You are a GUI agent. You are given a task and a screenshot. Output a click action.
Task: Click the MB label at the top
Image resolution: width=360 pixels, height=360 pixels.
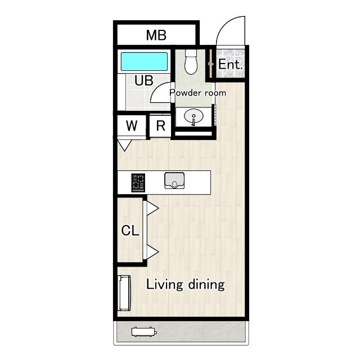(x=156, y=35)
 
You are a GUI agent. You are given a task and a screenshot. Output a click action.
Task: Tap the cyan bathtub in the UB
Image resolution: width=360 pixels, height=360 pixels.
(x=144, y=61)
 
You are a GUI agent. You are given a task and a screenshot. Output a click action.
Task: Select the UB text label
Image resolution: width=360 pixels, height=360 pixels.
(x=144, y=80)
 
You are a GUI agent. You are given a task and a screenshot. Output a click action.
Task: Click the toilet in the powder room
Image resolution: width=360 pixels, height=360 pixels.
(x=191, y=61)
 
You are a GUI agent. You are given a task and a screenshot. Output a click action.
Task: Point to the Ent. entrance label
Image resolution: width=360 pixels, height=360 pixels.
(x=230, y=65)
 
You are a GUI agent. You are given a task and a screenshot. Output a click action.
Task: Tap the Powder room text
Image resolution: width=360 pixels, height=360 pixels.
(x=197, y=93)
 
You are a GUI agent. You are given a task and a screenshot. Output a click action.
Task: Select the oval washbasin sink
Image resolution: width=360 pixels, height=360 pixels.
(x=193, y=116)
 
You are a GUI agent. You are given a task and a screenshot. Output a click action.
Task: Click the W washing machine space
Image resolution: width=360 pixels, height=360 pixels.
(x=132, y=125)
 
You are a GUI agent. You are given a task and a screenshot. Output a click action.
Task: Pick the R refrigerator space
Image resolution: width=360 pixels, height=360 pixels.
(x=160, y=126)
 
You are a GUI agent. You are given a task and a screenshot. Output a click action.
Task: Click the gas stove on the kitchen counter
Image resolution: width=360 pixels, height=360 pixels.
(x=138, y=182)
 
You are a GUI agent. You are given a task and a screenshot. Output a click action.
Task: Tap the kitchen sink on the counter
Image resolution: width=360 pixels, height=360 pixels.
(x=174, y=181)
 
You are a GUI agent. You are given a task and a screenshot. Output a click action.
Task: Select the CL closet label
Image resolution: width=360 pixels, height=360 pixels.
(x=130, y=230)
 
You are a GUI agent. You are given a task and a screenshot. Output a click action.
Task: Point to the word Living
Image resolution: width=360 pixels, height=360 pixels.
(x=165, y=285)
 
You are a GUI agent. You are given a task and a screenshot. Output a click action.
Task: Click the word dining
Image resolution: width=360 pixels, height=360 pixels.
(x=206, y=284)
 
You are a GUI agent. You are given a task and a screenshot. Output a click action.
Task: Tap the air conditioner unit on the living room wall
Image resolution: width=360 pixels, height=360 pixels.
(x=124, y=293)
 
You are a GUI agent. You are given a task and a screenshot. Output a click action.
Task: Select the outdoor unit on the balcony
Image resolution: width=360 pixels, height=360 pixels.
(x=145, y=332)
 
